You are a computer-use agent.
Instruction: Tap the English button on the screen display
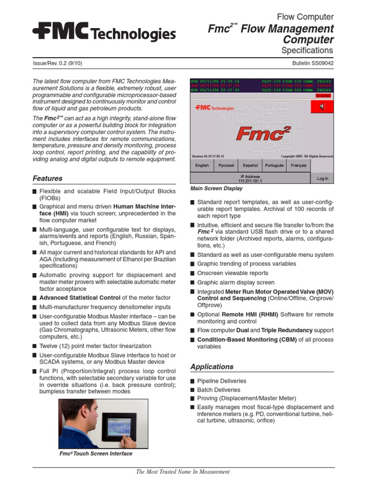click(x=202, y=165)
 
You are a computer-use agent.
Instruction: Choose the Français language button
click(x=298, y=165)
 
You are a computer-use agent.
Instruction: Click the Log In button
click(x=322, y=179)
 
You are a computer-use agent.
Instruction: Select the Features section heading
click(x=47, y=178)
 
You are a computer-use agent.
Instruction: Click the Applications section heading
click(x=212, y=366)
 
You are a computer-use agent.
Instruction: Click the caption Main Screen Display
click(x=216, y=189)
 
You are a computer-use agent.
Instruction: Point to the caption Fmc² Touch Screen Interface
click(x=95, y=454)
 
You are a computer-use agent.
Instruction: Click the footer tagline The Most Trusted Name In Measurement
click(x=183, y=472)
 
